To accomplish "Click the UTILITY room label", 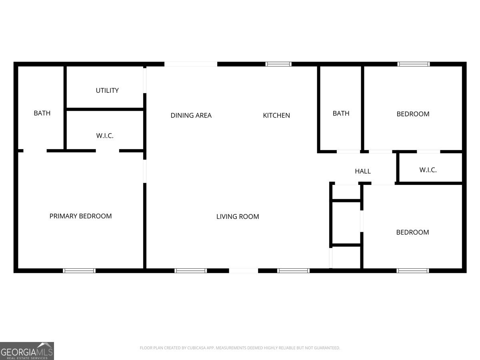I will (x=107, y=90).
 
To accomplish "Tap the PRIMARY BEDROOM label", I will (x=80, y=216).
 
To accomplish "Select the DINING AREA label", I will (x=191, y=116).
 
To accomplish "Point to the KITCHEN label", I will (x=276, y=116).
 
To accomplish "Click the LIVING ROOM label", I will (x=238, y=217).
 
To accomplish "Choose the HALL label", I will (x=363, y=171).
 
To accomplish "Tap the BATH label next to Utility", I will (x=42, y=113).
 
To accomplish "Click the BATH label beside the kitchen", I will (x=341, y=114).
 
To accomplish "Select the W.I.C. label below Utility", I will (x=105, y=136).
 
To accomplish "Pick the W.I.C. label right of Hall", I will (x=428, y=170).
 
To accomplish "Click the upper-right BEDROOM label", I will (x=413, y=114).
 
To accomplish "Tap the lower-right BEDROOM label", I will (x=412, y=232).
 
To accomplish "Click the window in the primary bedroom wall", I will (x=79, y=271).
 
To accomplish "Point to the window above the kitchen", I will (x=278, y=64).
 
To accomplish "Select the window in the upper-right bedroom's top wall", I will (x=414, y=64).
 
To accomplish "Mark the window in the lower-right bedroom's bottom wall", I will (x=413, y=271).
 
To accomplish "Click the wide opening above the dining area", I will (x=191, y=64).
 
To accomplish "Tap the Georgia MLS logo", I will (x=27, y=351).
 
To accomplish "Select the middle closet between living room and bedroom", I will (x=346, y=222).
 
